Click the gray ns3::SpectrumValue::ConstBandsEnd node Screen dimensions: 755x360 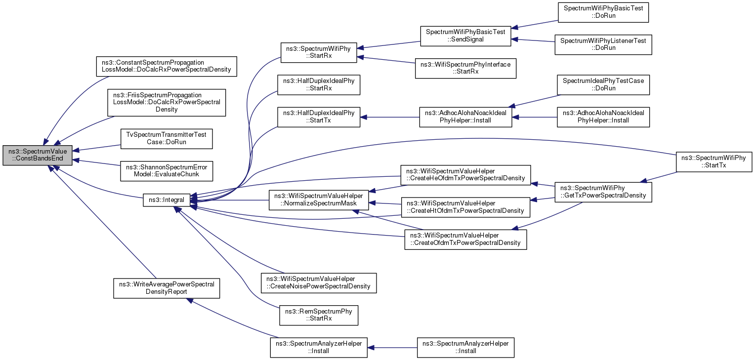click(38, 155)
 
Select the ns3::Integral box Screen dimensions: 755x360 click(167, 200)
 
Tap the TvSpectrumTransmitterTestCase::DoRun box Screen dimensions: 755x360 click(167, 139)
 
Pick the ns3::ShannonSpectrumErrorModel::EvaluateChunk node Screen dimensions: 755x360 click(167, 171)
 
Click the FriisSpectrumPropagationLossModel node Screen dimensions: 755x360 click(167, 103)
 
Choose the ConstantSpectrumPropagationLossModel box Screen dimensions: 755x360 click(167, 66)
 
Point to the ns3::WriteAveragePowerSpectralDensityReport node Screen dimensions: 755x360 click(167, 288)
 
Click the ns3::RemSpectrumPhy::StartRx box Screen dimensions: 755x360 click(319, 315)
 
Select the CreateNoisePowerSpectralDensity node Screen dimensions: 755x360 click(319, 283)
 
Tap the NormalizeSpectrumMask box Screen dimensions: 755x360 click(319, 200)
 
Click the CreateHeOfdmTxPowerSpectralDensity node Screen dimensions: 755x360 click(465, 175)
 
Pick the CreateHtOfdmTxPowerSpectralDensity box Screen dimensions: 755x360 click(465, 207)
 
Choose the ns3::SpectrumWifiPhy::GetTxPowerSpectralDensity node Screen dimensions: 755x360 click(603, 192)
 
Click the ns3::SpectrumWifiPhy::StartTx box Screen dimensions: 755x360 click(714, 162)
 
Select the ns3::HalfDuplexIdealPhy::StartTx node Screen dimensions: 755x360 click(319, 117)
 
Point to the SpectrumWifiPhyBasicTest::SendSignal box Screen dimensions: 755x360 click(465, 36)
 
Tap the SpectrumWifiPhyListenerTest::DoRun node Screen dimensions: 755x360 click(603, 44)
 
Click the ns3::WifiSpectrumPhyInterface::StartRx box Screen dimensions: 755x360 click(465, 68)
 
